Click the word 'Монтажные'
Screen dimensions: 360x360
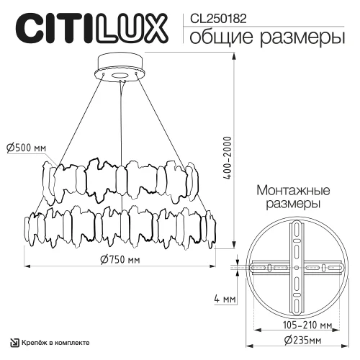294,192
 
